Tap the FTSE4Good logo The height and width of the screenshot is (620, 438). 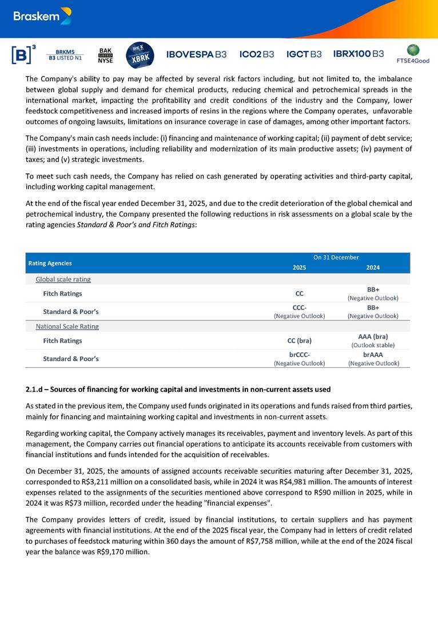412,54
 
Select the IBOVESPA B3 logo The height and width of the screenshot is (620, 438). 196,54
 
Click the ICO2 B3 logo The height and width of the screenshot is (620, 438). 257,54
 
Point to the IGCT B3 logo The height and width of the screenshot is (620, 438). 304,54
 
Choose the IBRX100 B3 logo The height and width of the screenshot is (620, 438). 359,54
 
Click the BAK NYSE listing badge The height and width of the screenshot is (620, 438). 106,55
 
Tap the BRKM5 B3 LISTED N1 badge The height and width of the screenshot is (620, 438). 65,55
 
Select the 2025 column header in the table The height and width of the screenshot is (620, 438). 299,268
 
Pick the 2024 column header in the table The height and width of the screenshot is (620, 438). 373,268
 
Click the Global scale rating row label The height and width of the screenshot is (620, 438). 63,280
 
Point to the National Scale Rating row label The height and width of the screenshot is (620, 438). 67,327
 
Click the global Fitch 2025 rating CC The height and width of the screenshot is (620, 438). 299,294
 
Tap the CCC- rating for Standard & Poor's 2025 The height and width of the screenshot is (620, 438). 299,308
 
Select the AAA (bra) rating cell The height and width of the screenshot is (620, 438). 373,337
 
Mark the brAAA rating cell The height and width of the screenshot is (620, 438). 373,355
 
